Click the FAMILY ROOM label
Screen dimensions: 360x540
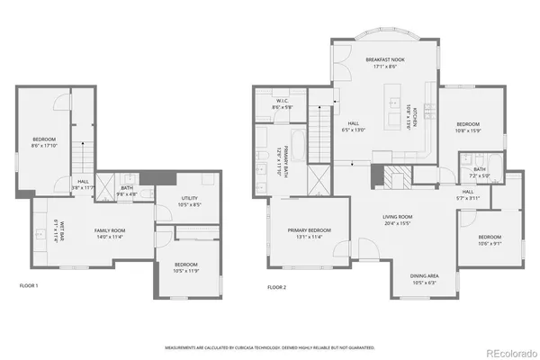click(x=110, y=231)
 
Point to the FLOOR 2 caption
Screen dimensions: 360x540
click(x=277, y=287)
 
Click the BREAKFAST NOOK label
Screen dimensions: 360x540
click(x=384, y=59)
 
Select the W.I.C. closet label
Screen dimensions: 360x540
click(x=281, y=101)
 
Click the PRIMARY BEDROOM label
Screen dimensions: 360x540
click(x=310, y=230)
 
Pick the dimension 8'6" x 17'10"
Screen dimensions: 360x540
click(x=45, y=145)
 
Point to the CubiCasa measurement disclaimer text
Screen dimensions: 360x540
click(x=269, y=346)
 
